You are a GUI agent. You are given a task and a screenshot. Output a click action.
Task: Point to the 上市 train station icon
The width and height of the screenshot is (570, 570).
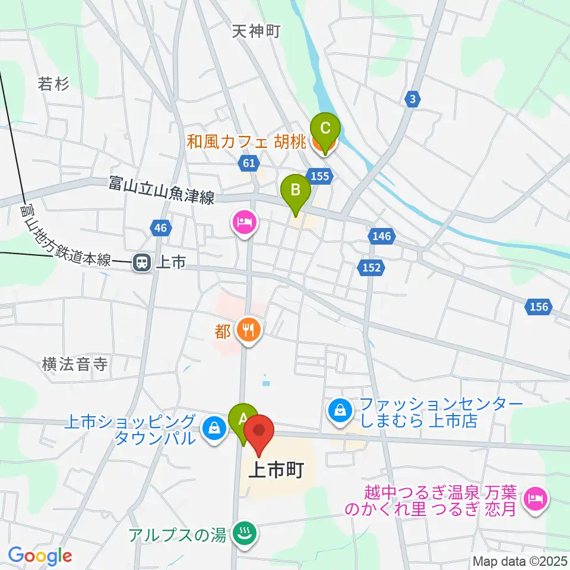(141, 262)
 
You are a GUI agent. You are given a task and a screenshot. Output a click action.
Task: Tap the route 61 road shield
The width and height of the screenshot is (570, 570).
(249, 162)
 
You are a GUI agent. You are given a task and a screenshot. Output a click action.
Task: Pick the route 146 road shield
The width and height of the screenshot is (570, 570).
(382, 237)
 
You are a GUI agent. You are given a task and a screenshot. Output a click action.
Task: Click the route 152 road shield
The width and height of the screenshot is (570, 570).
(370, 268)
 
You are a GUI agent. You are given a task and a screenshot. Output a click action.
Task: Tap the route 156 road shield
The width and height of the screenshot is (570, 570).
(539, 307)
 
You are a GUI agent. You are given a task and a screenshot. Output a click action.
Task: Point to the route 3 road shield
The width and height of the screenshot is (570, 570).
(411, 99)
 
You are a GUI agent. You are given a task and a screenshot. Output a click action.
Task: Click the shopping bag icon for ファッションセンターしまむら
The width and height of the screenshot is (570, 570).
(341, 410)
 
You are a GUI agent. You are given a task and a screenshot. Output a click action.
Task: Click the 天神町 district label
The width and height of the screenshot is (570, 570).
(255, 31)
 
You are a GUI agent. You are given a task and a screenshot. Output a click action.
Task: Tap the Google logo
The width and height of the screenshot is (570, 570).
(40, 556)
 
